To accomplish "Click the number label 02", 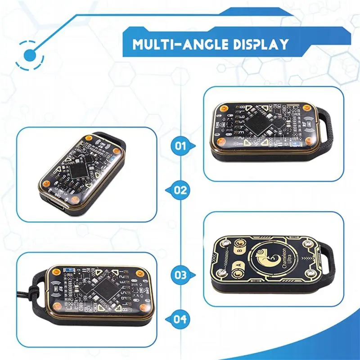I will coord(180,190).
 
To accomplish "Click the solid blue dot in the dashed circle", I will coord(30,55).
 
